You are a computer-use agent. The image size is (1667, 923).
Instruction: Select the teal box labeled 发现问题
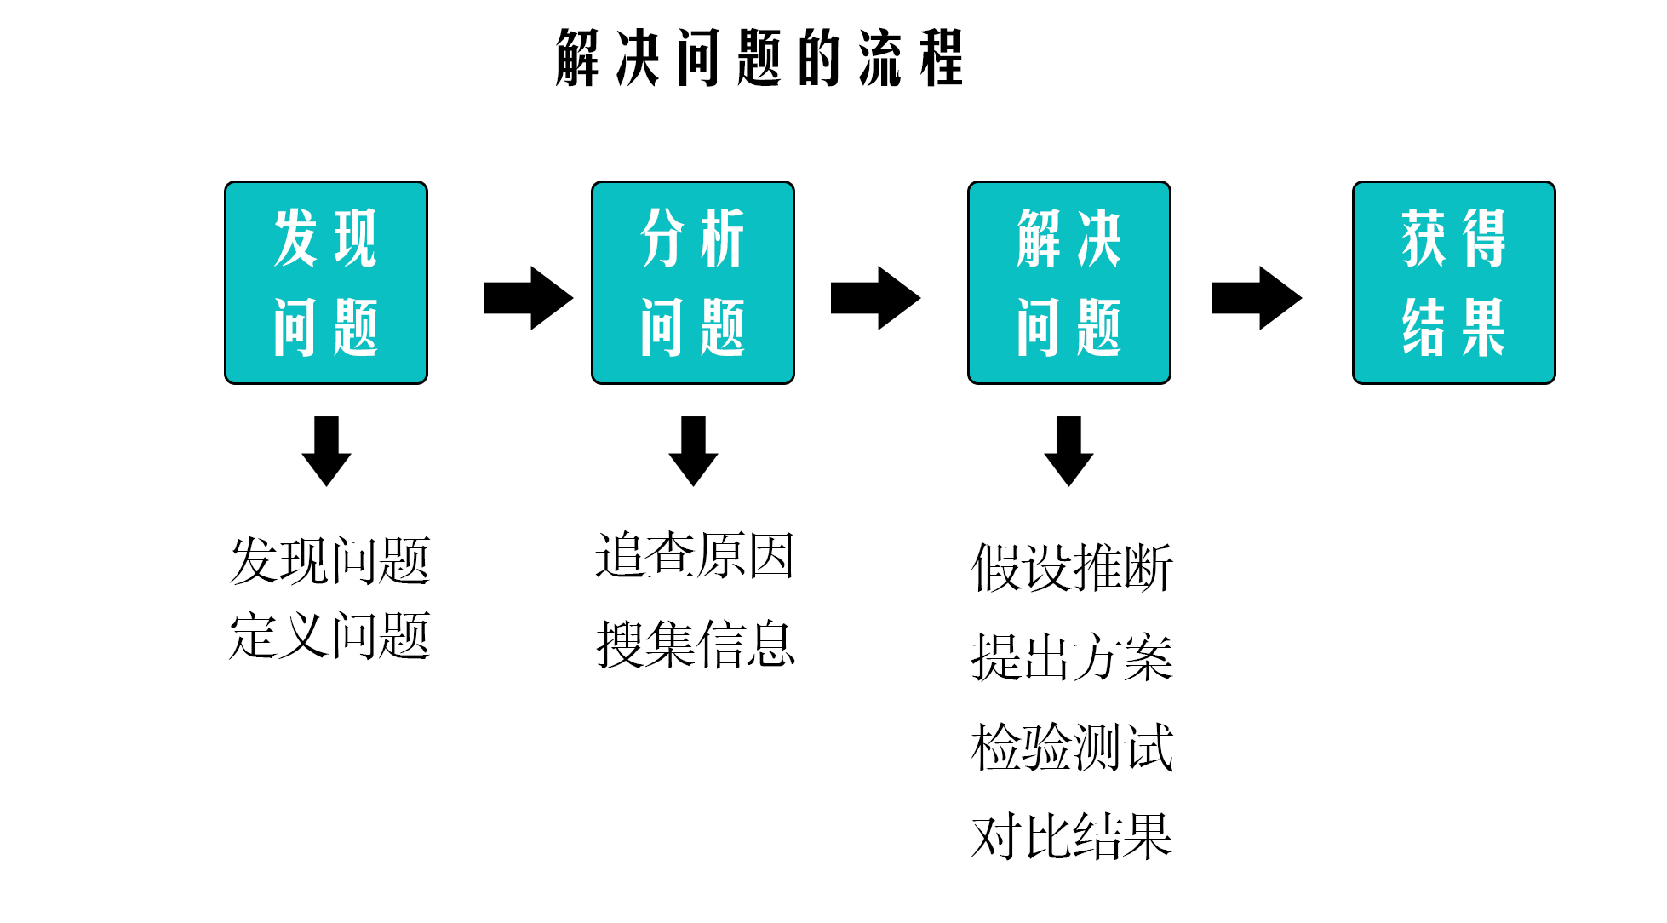(326, 283)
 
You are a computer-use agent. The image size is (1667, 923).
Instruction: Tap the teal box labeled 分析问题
(693, 283)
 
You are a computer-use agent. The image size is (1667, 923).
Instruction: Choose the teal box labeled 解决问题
(1069, 283)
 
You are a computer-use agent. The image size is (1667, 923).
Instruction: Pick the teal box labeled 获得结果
(1454, 283)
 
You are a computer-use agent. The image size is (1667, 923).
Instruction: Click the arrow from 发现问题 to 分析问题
(528, 298)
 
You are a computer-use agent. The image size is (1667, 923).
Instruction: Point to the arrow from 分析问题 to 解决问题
(875, 298)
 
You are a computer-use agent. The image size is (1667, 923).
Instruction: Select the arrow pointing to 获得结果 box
(1257, 298)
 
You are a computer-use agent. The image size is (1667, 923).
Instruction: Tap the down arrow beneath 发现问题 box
(326, 451)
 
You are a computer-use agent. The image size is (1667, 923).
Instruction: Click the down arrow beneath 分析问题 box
(693, 451)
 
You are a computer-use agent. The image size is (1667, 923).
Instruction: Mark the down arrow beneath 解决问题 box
(1069, 451)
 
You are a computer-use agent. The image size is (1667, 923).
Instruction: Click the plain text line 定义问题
(329, 635)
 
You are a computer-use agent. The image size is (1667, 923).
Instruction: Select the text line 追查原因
(695, 556)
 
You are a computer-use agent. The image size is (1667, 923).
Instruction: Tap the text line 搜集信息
(695, 644)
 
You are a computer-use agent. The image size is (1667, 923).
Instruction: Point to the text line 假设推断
(1072, 567)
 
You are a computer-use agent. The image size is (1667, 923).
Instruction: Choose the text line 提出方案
(1072, 657)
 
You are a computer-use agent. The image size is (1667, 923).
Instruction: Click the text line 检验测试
(1072, 748)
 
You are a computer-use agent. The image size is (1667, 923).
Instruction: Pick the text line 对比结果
(1072, 836)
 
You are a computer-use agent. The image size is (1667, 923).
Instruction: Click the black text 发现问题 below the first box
(329, 560)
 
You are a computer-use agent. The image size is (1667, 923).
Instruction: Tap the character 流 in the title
(879, 58)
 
